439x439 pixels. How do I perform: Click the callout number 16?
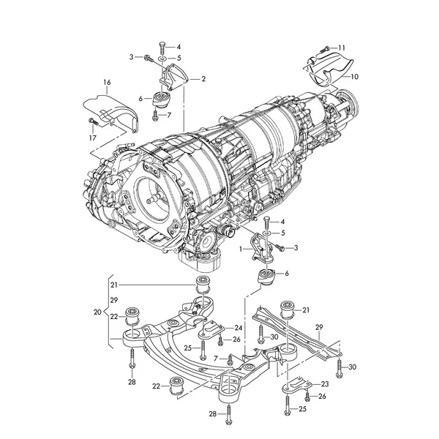coord(107,82)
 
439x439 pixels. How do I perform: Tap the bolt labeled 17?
coord(93,121)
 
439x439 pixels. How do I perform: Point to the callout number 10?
coord(354,76)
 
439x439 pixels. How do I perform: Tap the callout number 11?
coord(342,48)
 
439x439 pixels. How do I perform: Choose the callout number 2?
coord(203,79)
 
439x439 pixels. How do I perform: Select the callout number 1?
coord(241,248)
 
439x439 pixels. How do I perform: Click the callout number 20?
coord(97,312)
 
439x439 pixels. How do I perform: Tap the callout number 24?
coord(239,327)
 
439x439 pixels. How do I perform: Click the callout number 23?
coord(325,384)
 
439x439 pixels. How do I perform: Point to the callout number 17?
coord(93,138)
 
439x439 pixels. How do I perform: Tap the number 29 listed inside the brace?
coord(114,300)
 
